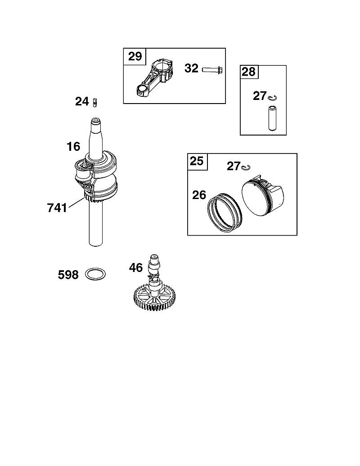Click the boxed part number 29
point(135,56)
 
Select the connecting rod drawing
point(153,78)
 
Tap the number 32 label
point(191,68)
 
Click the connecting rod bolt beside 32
point(212,69)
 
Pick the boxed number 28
point(248,72)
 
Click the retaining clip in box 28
point(272,98)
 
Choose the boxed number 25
point(197,161)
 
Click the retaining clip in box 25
point(246,167)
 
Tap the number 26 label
point(199,195)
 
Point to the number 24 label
point(82,101)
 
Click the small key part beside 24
point(95,102)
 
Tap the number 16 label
point(73,146)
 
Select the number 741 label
point(57,208)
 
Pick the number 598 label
point(68,275)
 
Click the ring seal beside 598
point(95,274)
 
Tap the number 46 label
point(136,268)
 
